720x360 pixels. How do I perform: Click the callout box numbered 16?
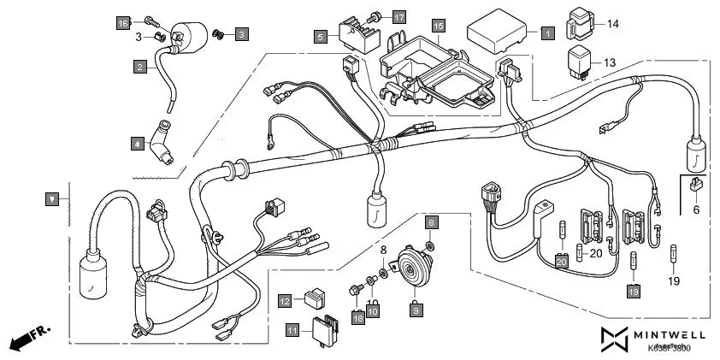123,22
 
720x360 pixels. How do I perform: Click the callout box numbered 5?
321,37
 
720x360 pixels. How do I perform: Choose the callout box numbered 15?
439,26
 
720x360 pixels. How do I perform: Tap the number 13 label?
610,63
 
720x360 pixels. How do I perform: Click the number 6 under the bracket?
695,208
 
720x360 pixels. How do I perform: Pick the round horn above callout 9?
414,267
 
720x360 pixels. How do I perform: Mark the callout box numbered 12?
285,300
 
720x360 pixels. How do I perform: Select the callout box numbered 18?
357,317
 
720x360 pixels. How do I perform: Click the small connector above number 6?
695,185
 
